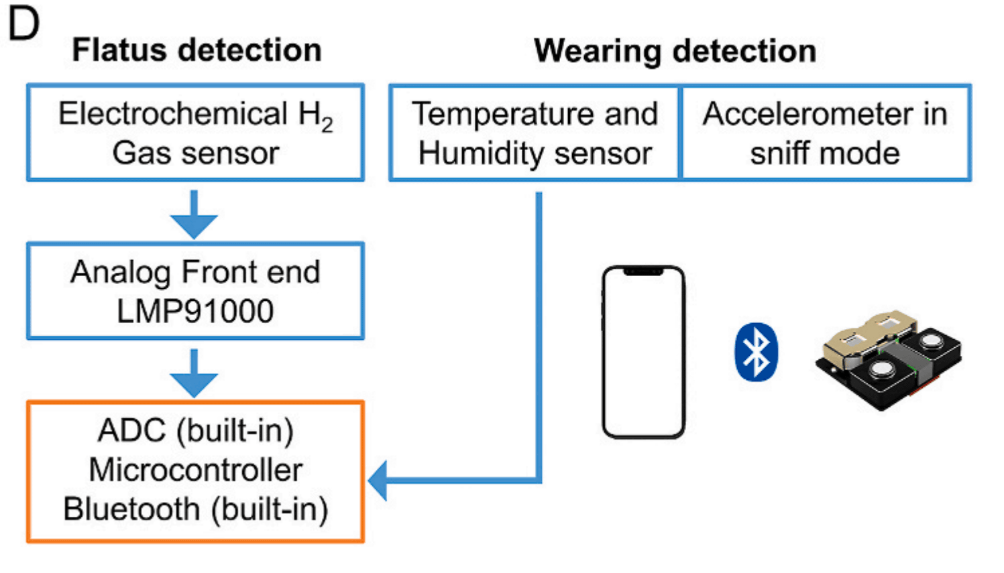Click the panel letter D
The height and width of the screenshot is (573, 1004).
pyautogui.click(x=23, y=24)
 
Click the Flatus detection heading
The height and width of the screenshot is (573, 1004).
pyautogui.click(x=197, y=50)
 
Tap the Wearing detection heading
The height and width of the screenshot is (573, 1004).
pyautogui.click(x=675, y=51)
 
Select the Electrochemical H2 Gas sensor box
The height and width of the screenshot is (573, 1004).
pyautogui.click(x=195, y=133)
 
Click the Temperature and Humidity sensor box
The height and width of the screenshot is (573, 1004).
pyautogui.click(x=535, y=133)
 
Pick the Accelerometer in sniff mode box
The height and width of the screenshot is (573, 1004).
pyautogui.click(x=825, y=133)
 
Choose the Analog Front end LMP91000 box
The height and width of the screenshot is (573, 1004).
pyautogui.click(x=195, y=291)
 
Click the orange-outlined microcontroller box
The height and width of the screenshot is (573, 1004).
pyautogui.click(x=195, y=471)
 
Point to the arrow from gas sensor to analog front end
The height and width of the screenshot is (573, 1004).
pyautogui.click(x=194, y=214)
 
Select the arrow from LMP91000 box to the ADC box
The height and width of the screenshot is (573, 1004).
pyautogui.click(x=194, y=373)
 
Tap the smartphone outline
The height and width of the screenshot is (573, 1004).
pyautogui.click(x=643, y=353)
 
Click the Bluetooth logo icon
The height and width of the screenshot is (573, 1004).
pyautogui.click(x=757, y=353)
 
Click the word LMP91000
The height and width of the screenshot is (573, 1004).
pyautogui.click(x=195, y=311)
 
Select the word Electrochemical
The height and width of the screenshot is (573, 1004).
pyautogui.click(x=173, y=113)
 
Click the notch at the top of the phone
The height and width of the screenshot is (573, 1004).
pyautogui.click(x=643, y=271)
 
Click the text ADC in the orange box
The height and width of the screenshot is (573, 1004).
pyautogui.click(x=131, y=431)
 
